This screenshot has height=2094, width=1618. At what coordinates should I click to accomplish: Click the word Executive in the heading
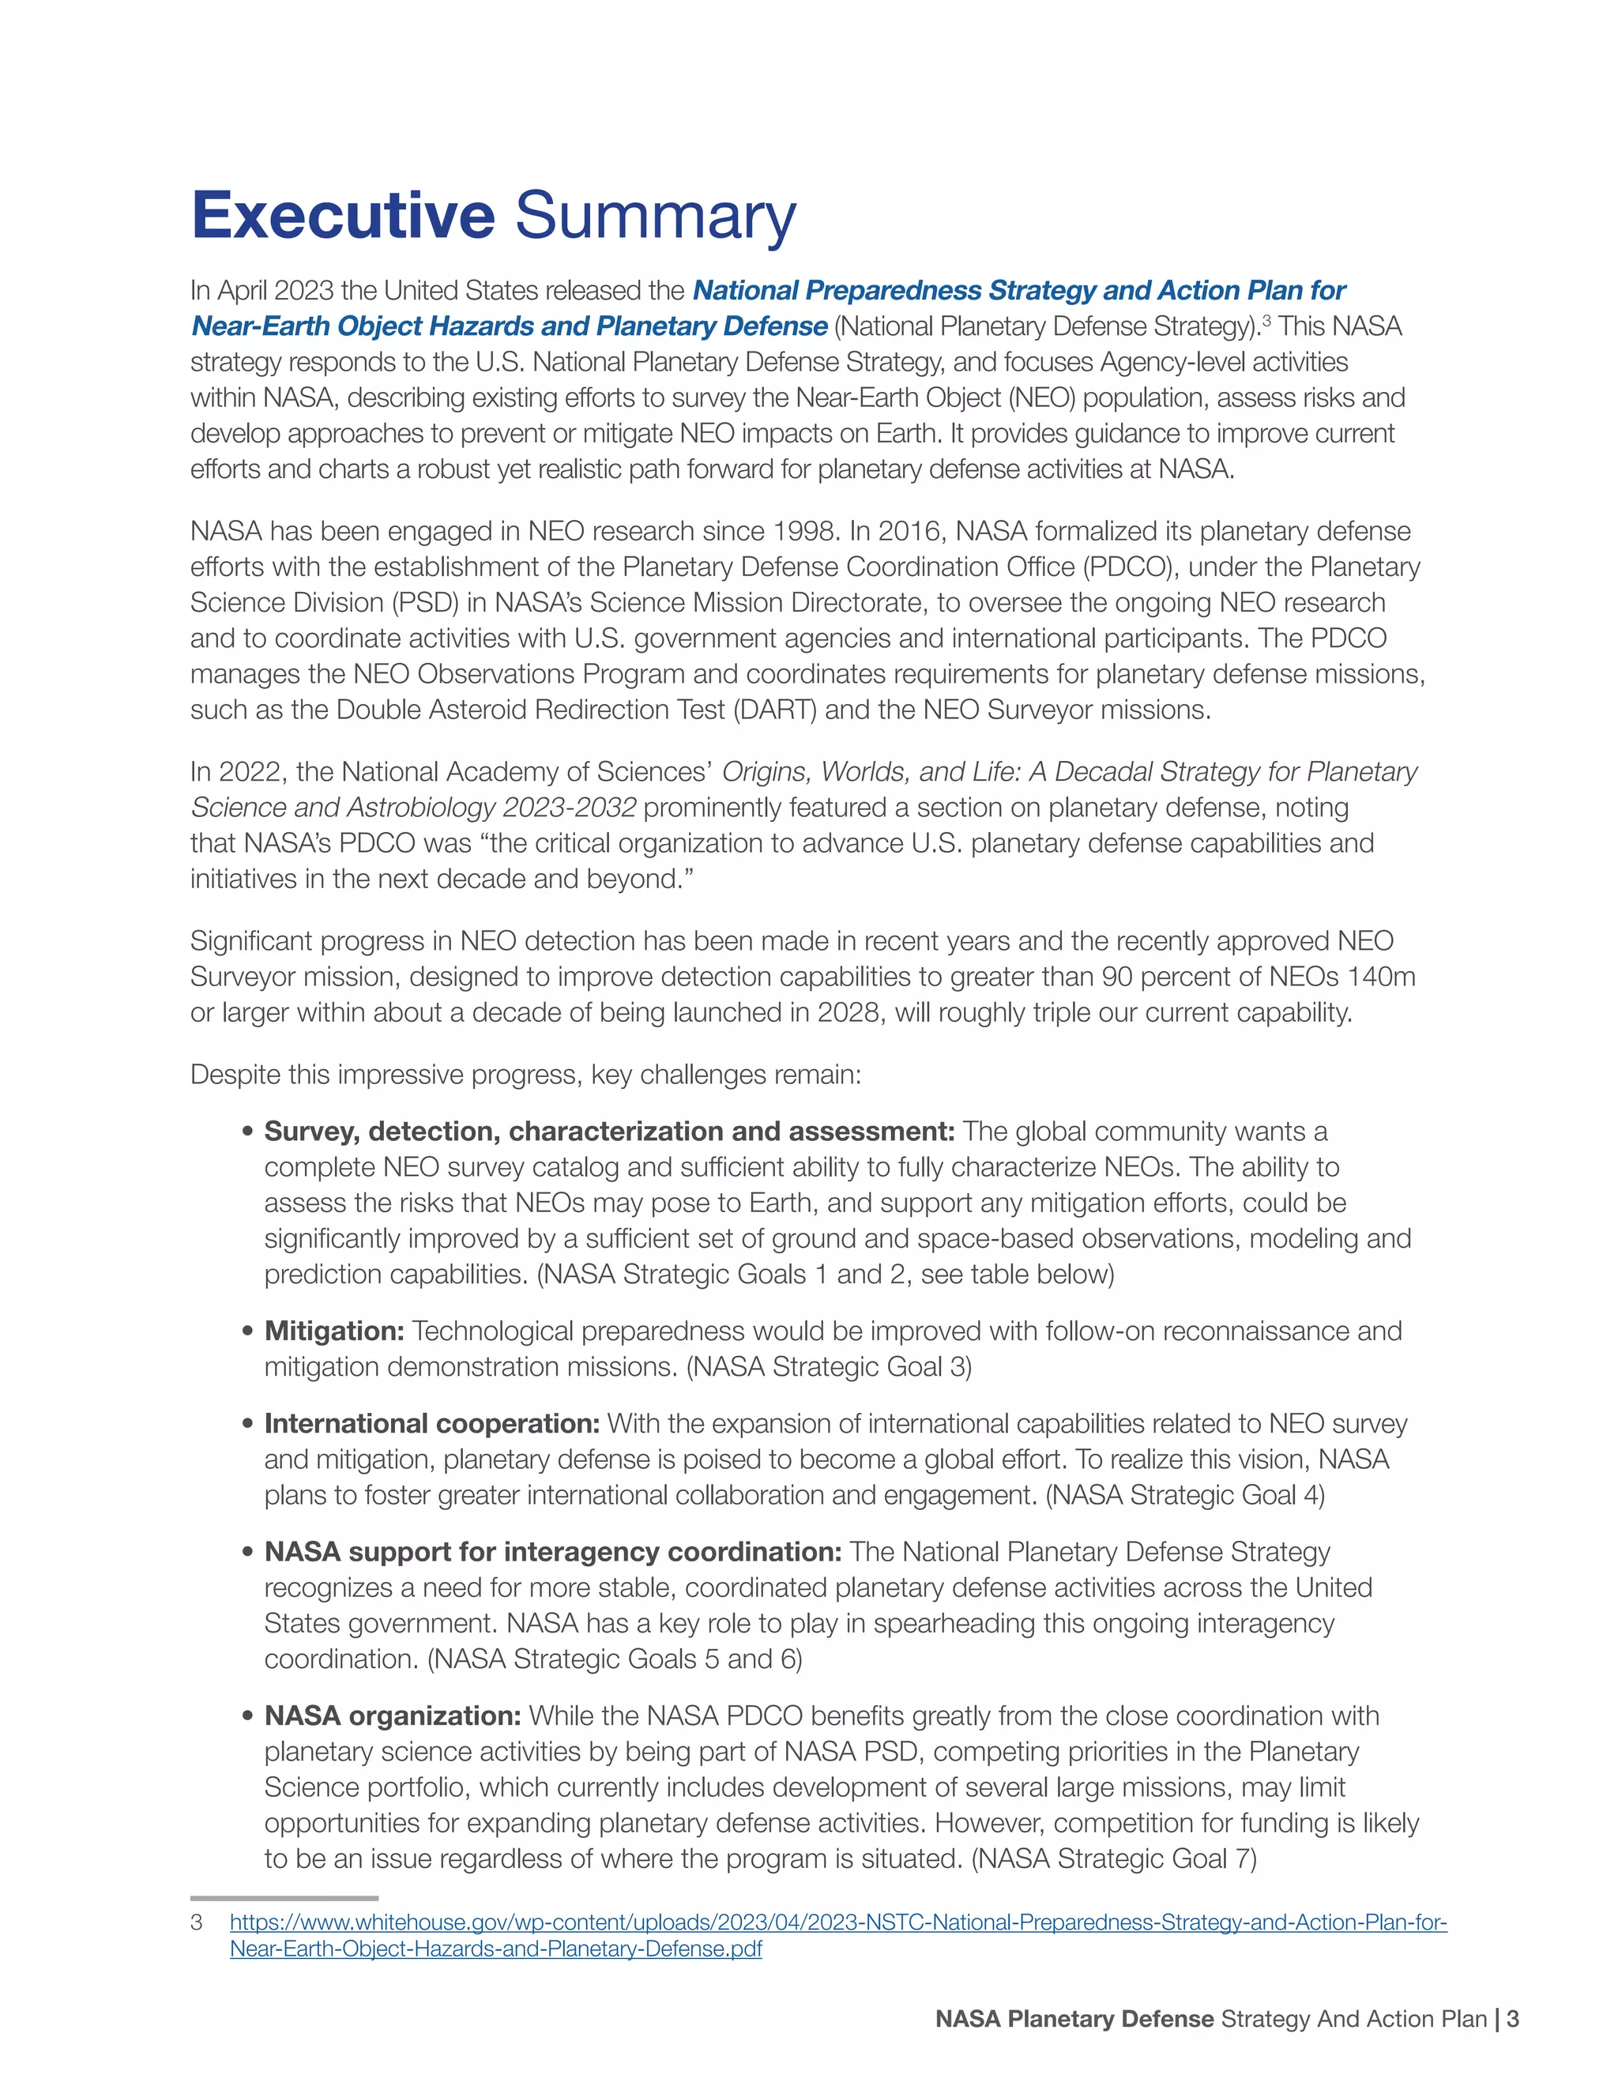pyautogui.click(x=342, y=216)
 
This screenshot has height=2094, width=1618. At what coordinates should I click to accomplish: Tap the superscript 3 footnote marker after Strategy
pyautogui.click(x=1266, y=320)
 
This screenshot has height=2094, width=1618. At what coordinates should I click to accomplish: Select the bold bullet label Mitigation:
pyautogui.click(x=334, y=1331)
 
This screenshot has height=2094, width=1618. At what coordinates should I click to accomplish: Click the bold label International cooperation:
pyautogui.click(x=431, y=1424)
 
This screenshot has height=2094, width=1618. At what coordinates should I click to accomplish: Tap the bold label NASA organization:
pyautogui.click(x=392, y=1715)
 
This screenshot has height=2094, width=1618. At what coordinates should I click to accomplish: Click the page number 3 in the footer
pyautogui.click(x=1513, y=2019)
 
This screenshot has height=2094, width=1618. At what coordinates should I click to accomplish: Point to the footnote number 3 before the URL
pyautogui.click(x=197, y=1923)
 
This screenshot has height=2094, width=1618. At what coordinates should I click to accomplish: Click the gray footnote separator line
pyautogui.click(x=284, y=1897)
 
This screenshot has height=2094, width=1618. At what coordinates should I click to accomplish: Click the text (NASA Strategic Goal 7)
pyautogui.click(x=1114, y=1859)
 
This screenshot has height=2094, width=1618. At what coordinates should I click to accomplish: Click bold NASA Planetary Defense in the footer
pyautogui.click(x=1074, y=2019)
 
